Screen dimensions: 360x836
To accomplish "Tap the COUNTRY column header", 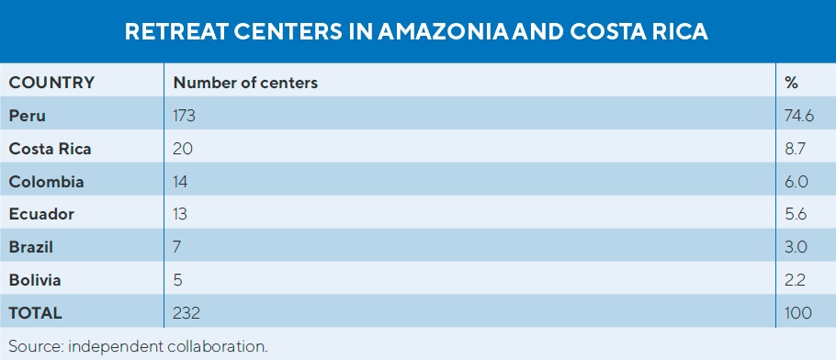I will click(x=51, y=83).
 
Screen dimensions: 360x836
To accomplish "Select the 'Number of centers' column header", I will click(x=245, y=83).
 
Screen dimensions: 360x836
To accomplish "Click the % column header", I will click(x=791, y=83).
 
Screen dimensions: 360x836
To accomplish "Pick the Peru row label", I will click(x=27, y=116).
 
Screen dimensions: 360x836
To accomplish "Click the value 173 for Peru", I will click(x=185, y=116).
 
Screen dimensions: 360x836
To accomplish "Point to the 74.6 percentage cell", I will click(x=797, y=116).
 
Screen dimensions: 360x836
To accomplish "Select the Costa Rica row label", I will click(x=50, y=149).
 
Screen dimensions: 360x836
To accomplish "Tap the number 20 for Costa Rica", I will click(x=183, y=149).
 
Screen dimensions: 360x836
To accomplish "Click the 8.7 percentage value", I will click(x=796, y=149).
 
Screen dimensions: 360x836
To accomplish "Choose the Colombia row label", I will click(x=46, y=182).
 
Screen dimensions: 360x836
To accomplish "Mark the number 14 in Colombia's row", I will click(x=181, y=182).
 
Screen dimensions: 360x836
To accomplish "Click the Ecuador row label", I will click(x=41, y=214).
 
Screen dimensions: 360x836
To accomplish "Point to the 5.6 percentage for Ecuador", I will click(x=796, y=214).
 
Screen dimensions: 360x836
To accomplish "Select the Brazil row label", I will click(x=31, y=247).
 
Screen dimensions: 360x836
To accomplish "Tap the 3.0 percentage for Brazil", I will click(x=796, y=247).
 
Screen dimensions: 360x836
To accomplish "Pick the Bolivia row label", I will click(x=35, y=279).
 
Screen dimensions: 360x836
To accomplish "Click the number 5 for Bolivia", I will click(x=177, y=279).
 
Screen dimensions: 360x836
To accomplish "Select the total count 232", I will click(x=186, y=312).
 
